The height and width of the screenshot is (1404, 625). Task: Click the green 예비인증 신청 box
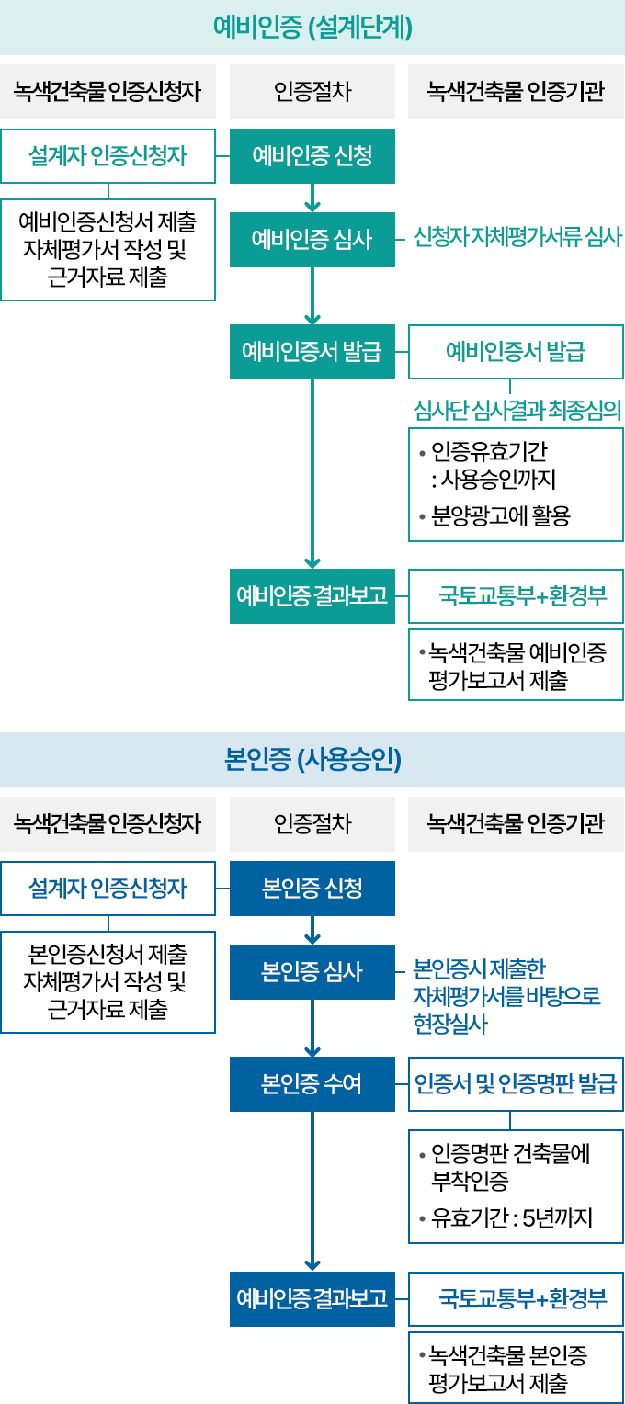coord(312,156)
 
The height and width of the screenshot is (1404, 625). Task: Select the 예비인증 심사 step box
coord(312,240)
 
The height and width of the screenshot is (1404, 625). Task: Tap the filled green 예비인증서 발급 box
coord(312,352)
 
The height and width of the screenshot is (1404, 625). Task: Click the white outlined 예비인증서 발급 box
coord(516,352)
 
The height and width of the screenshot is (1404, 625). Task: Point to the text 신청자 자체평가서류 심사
coord(517,239)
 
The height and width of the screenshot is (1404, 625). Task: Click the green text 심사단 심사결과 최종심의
coord(517,409)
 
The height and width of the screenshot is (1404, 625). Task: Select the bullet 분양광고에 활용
coord(501,516)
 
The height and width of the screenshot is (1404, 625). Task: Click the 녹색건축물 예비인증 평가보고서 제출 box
coord(516,665)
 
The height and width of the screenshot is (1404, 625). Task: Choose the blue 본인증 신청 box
coord(312,889)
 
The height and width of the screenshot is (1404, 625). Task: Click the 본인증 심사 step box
coord(312,972)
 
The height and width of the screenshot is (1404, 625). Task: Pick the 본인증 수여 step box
coord(312,1085)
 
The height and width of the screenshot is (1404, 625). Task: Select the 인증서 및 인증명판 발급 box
coord(516,1085)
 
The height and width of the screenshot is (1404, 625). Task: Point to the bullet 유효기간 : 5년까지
coord(511,1219)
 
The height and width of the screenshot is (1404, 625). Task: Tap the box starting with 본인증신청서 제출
coord(108,982)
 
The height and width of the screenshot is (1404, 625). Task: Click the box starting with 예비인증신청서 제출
coord(108,250)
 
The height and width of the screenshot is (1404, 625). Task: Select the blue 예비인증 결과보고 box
coord(312,1299)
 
